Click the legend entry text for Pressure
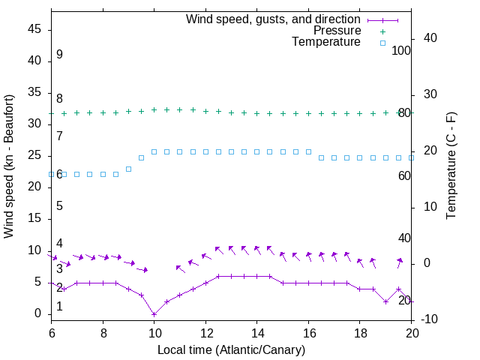point(337,31)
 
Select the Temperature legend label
point(326,42)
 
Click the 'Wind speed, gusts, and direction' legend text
point(274,19)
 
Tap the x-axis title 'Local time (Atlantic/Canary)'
point(231,349)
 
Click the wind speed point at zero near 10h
point(154,314)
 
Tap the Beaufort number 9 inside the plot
point(59,55)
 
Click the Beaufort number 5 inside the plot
point(59,205)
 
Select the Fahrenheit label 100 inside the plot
point(401,50)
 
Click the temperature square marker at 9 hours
point(128,169)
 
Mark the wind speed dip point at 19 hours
point(385,301)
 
